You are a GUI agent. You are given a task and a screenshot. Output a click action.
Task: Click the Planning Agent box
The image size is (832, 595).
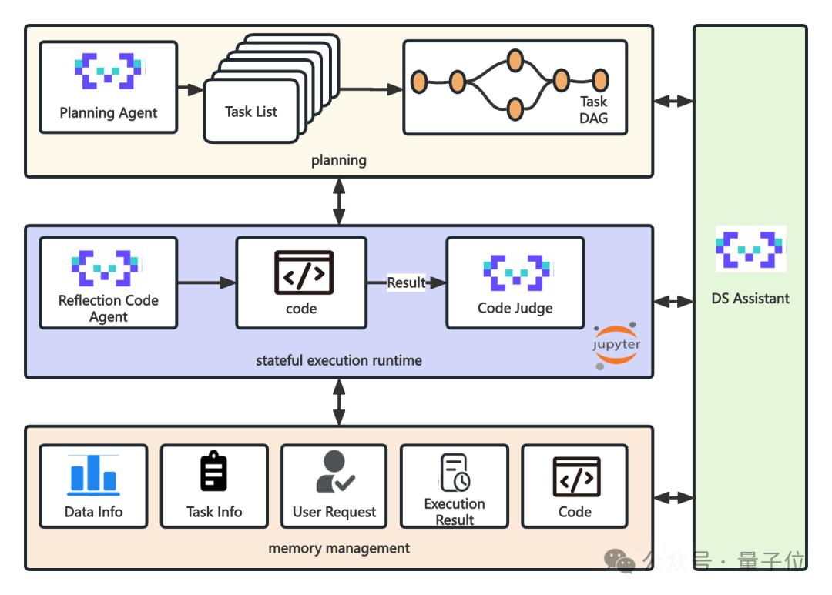[x=109, y=87]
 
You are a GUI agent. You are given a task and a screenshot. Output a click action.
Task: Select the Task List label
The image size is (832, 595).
[x=251, y=112]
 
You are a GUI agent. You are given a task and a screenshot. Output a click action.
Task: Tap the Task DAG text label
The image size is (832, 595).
[x=593, y=109]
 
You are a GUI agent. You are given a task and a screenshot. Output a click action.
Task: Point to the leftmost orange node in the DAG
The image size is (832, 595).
[x=419, y=81]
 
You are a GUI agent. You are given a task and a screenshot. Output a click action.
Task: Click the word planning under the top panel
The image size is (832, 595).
[x=339, y=160]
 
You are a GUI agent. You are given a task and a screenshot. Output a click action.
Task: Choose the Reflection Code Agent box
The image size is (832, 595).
[x=109, y=282]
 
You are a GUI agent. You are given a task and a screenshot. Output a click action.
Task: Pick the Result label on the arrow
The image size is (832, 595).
[x=406, y=282]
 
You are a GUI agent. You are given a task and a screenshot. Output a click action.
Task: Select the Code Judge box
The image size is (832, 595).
[x=515, y=282]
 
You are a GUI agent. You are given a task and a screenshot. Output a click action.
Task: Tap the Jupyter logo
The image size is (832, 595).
[x=616, y=344]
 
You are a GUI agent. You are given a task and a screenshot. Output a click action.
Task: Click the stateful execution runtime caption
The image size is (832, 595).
[x=339, y=360]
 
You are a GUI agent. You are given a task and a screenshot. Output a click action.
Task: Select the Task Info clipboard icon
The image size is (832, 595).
[x=213, y=472]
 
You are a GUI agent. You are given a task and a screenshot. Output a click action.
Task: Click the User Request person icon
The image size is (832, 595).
[x=334, y=472]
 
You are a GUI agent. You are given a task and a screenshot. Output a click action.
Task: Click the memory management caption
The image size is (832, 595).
[x=339, y=549]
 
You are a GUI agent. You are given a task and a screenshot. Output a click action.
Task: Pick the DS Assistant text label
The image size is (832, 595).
[x=750, y=299]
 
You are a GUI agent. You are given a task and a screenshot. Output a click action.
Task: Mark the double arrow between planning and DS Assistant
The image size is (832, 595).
[x=673, y=101]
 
